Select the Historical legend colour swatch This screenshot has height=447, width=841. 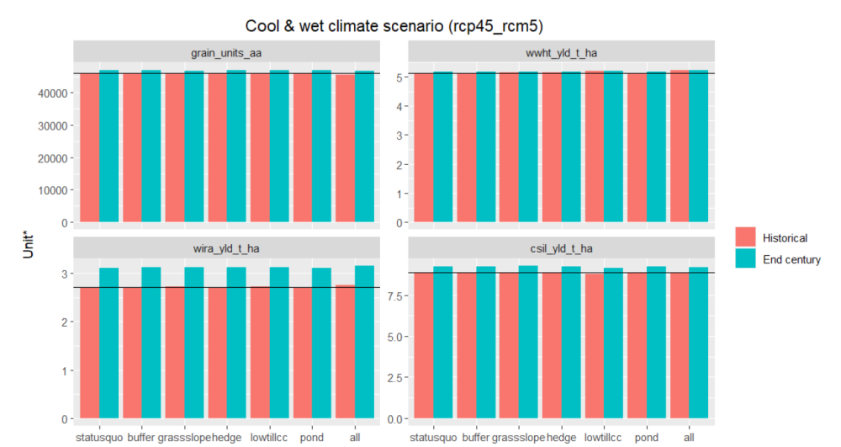tap(746, 237)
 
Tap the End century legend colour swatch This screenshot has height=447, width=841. tap(746, 259)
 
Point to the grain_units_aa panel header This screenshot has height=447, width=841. tap(226, 53)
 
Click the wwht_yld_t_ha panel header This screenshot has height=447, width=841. tap(561, 53)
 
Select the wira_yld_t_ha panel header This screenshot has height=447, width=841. tap(226, 247)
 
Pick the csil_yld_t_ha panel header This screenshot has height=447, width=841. tap(561, 247)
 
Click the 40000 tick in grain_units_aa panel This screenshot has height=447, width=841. tap(54, 93)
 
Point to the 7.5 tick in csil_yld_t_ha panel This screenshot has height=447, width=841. tap(394, 295)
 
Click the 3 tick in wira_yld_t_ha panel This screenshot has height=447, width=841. tap(66, 274)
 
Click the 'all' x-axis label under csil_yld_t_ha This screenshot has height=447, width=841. tap(689, 438)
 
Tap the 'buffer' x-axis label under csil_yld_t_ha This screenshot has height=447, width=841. tap(477, 438)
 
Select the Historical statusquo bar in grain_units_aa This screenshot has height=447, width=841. tap(89, 147)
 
